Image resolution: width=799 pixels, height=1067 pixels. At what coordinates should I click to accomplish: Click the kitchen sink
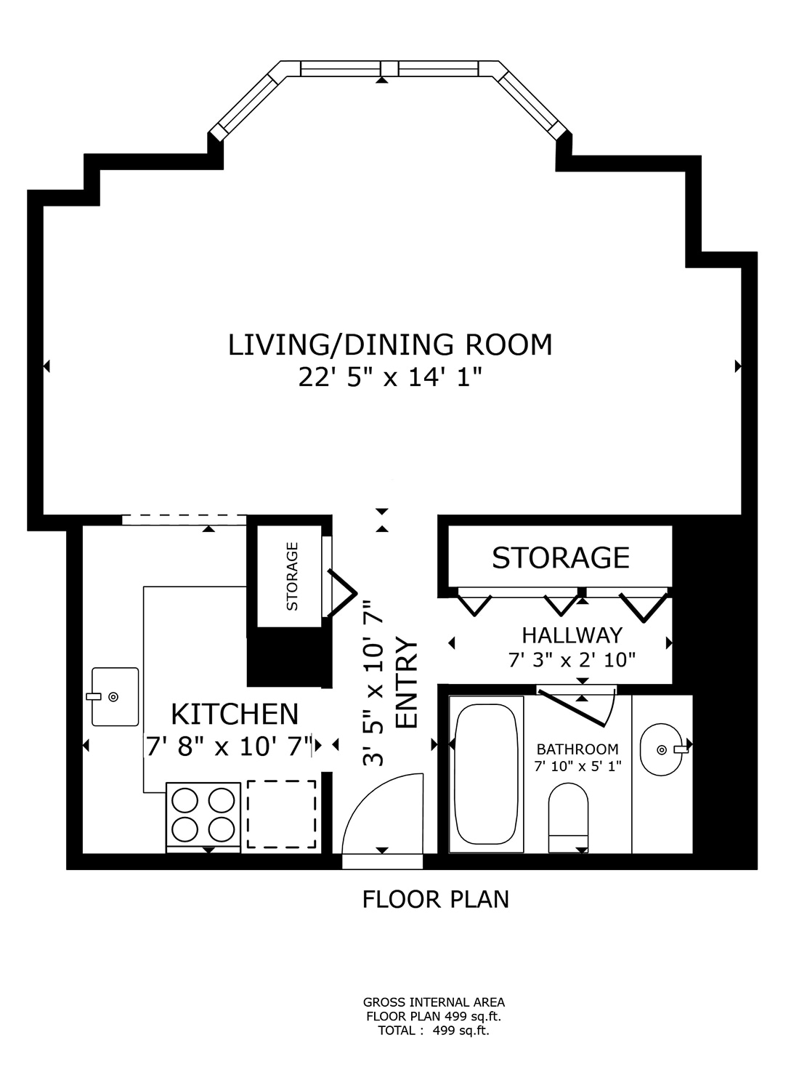click(x=115, y=696)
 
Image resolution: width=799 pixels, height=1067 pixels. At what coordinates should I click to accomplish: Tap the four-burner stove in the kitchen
click(x=203, y=814)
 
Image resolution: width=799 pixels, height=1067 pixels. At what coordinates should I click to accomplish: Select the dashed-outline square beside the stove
click(x=282, y=814)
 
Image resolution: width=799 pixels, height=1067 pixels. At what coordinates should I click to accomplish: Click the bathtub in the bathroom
click(x=486, y=773)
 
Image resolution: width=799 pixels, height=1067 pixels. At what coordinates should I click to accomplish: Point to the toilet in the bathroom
click(x=568, y=817)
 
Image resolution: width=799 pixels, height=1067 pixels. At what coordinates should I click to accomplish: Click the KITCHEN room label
click(x=235, y=714)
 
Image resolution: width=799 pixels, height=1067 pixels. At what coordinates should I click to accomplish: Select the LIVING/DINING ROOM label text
click(x=390, y=345)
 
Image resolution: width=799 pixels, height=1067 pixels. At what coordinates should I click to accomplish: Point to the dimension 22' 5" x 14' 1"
click(x=390, y=377)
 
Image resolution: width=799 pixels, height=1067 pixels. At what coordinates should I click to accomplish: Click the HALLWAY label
click(x=572, y=635)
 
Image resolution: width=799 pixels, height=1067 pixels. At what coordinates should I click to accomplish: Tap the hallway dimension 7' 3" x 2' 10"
click(x=572, y=660)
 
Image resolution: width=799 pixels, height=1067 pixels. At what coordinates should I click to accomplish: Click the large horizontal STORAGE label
click(x=560, y=557)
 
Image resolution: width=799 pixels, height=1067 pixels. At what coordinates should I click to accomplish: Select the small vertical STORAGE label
click(x=292, y=576)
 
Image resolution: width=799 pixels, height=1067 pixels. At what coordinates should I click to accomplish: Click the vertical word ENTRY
click(x=406, y=683)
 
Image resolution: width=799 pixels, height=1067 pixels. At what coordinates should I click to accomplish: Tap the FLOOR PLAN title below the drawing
click(x=435, y=899)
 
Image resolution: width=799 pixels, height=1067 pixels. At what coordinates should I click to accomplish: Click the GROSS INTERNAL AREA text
click(x=434, y=1003)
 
